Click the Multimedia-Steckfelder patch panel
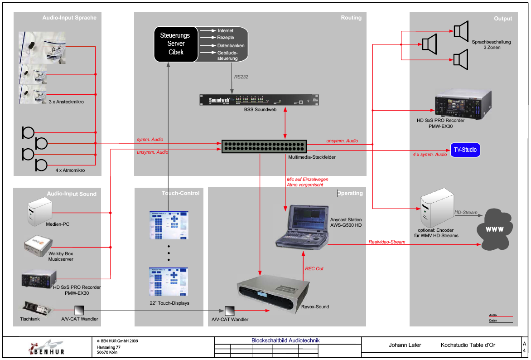pos(264,146)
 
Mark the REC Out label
pos(314,268)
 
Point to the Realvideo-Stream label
pos(386,242)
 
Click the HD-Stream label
pos(466,212)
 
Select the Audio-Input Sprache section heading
pos(69,18)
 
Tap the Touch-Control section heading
pos(180,193)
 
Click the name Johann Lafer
pos(405,345)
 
